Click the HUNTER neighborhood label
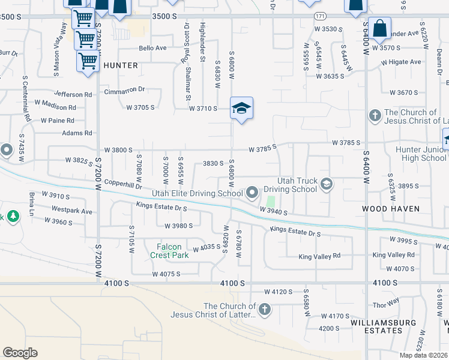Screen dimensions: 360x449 [121, 65]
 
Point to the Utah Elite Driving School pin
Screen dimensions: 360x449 [252, 193]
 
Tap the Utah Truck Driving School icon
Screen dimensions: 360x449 [327, 184]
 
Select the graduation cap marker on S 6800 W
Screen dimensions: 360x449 [241, 109]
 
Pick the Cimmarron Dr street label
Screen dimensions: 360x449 [125, 89]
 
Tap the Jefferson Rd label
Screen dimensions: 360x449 [73, 94]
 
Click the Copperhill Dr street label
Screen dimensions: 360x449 [122, 185]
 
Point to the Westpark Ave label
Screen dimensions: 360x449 [72, 211]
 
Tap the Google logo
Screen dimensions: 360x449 [20, 352]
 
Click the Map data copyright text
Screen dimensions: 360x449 [423, 355]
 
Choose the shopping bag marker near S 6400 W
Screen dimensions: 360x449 [379, 28]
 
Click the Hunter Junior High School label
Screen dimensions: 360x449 [421, 154]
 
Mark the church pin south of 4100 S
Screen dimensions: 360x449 [264, 310]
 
